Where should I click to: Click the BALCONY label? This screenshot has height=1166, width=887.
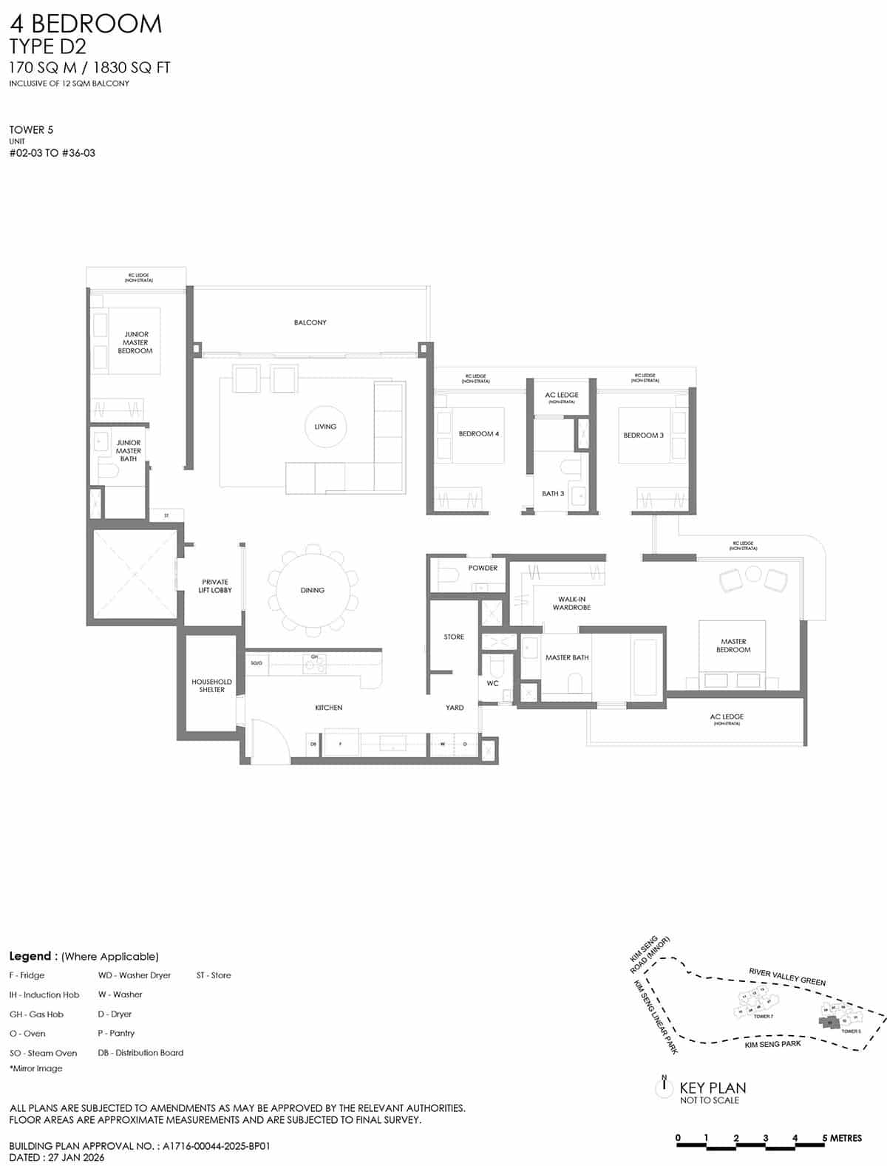310,322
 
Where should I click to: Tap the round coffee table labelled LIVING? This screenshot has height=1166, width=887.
325,427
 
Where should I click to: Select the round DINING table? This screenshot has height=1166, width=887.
313,590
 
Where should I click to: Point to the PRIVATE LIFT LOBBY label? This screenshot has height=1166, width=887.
215,586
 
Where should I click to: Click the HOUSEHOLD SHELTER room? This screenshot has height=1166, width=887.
211,685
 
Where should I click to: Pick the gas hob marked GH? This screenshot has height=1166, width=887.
315,664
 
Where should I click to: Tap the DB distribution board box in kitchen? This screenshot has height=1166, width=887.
313,744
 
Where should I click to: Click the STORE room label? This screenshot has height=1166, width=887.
454,637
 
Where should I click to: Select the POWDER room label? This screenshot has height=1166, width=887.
483,568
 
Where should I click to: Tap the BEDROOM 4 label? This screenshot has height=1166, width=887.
478,434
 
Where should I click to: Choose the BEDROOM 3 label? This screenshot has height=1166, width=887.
643,435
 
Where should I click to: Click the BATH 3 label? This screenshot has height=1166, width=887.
552,493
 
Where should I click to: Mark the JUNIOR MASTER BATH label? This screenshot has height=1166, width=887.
129,450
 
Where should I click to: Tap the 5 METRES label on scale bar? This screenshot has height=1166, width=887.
843,1138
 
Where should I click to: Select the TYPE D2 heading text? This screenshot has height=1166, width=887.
47,47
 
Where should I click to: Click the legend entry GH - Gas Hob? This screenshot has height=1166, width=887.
36,1014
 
